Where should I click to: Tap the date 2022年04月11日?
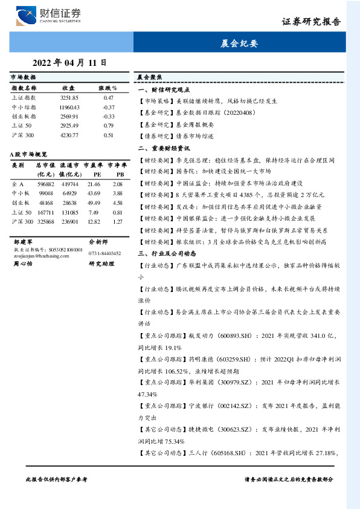(x=69, y=62)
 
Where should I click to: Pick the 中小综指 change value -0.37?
(x=109, y=107)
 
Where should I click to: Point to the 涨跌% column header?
(x=108, y=88)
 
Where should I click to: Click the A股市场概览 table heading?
(x=28, y=155)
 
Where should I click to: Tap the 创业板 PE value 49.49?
(x=94, y=203)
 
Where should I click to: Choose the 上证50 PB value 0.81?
(x=118, y=212)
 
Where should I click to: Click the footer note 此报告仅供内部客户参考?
(x=57, y=479)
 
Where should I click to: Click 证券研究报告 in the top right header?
(x=312, y=22)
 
